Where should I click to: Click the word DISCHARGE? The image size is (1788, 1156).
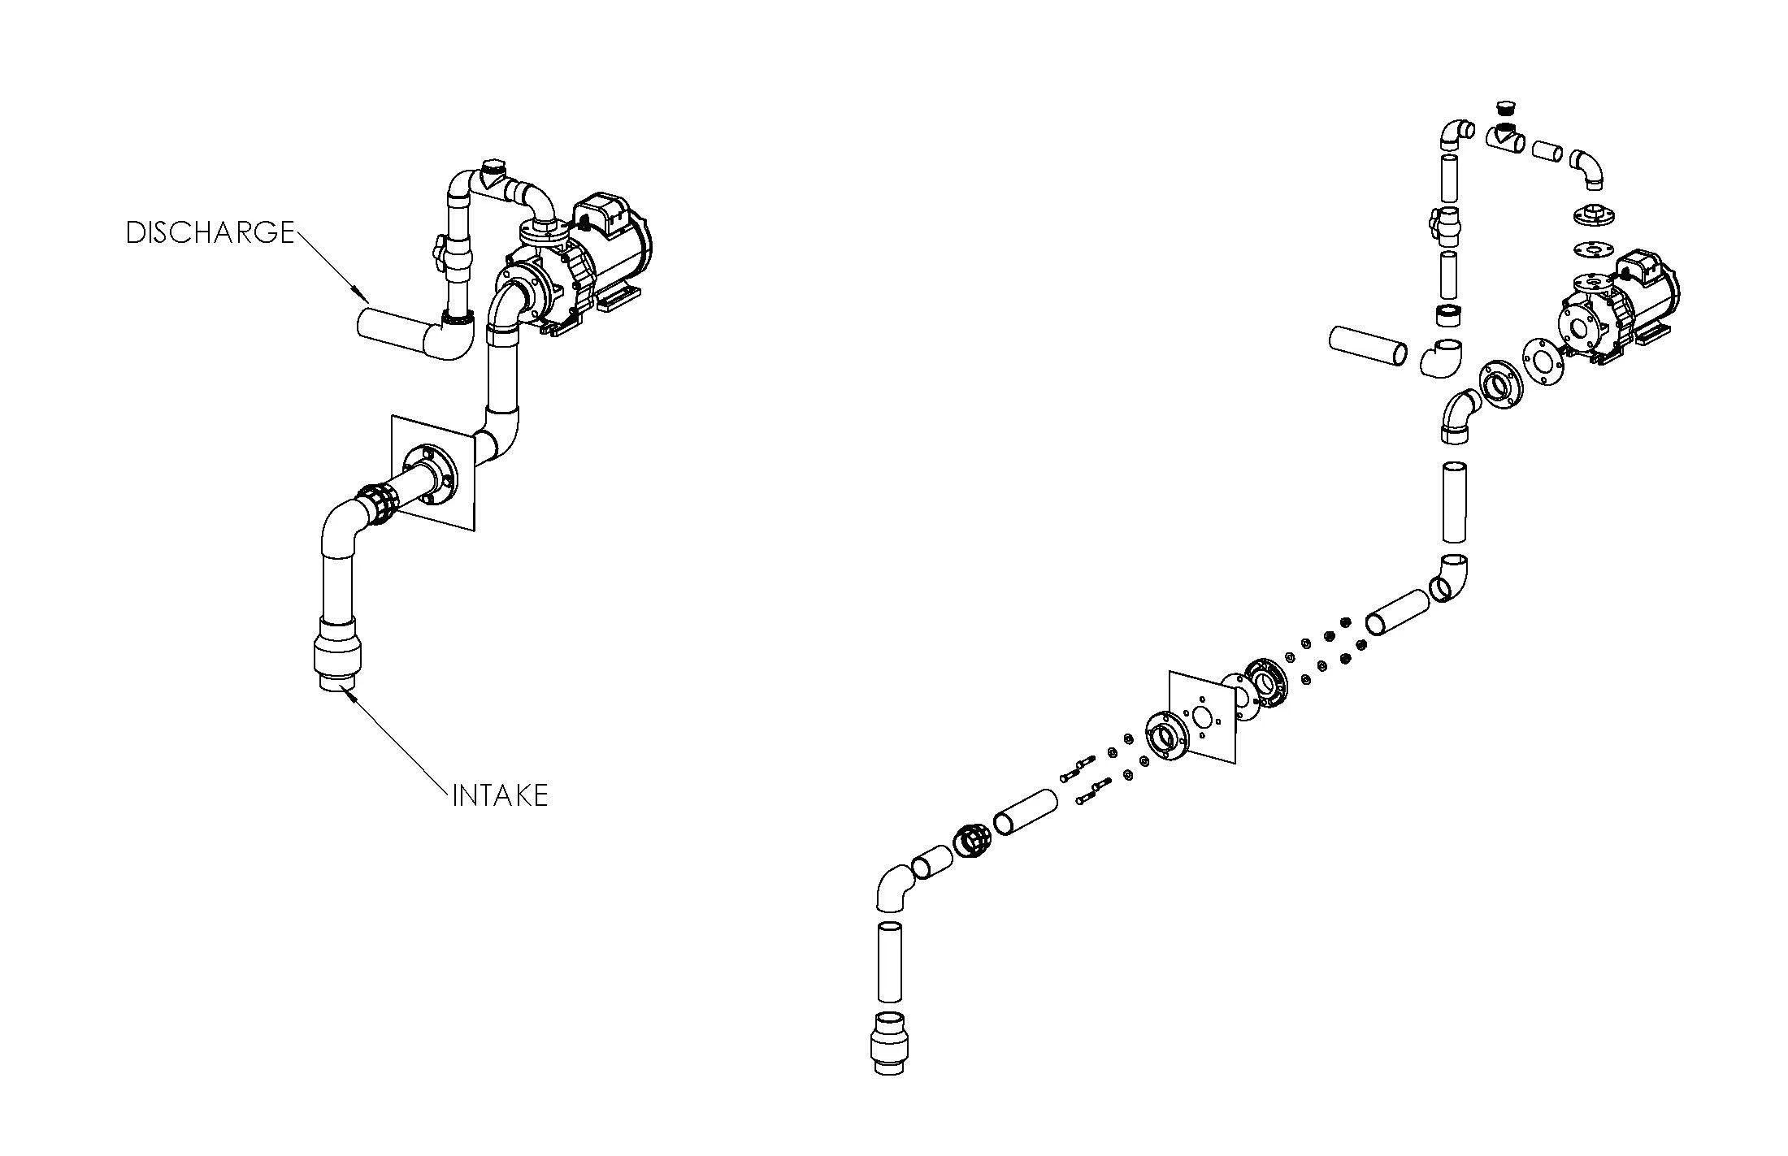pyautogui.click(x=209, y=233)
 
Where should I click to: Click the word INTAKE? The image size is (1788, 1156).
pyautogui.click(x=500, y=795)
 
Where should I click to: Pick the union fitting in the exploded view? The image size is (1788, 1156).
pyautogui.click(x=970, y=841)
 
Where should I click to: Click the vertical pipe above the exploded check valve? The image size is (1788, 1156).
pyautogui.click(x=889, y=962)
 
